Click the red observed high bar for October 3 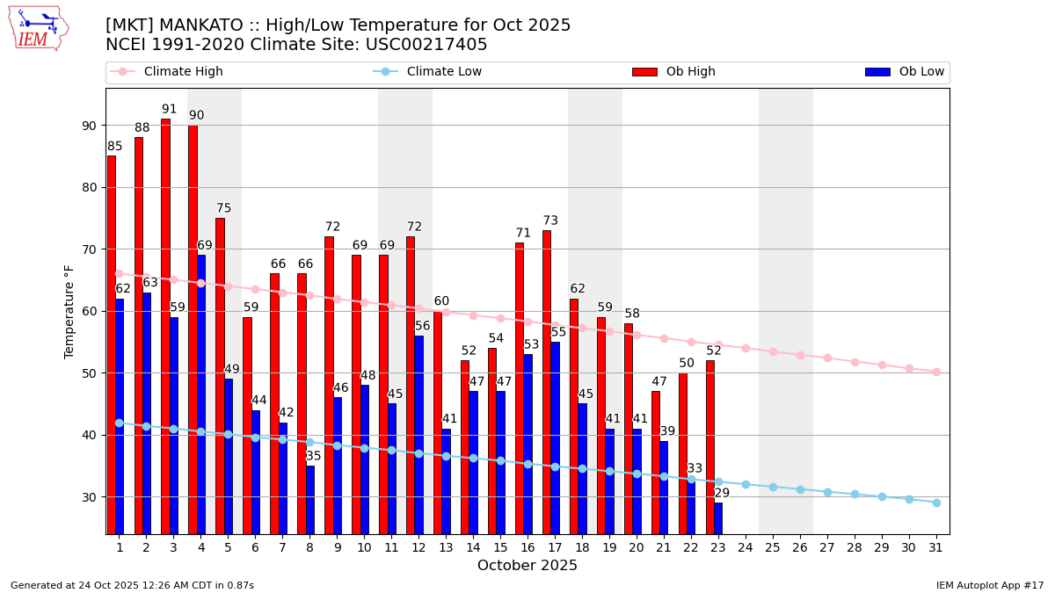pyautogui.click(x=165, y=325)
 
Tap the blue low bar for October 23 pyautogui.click(x=718, y=517)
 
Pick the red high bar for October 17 pyautogui.click(x=547, y=381)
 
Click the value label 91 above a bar pyautogui.click(x=169, y=110)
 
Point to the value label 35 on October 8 pyautogui.click(x=314, y=456)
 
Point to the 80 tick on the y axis pyautogui.click(x=89, y=187)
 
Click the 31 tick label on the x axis pyautogui.click(x=936, y=546)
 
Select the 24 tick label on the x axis pyautogui.click(x=746, y=546)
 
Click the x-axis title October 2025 pyautogui.click(x=527, y=566)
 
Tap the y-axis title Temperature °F pyautogui.click(x=70, y=311)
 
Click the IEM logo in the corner pyautogui.click(x=38, y=28)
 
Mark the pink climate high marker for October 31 pyautogui.click(x=936, y=372)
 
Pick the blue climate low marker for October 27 pyautogui.click(x=827, y=492)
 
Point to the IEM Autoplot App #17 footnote pyautogui.click(x=990, y=585)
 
